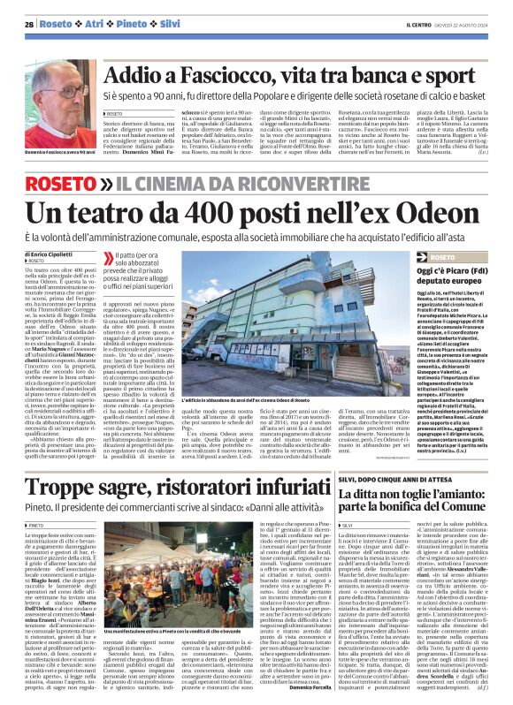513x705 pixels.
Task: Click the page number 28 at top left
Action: [x=28, y=24]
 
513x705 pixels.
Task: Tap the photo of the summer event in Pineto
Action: [x=172, y=559]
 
